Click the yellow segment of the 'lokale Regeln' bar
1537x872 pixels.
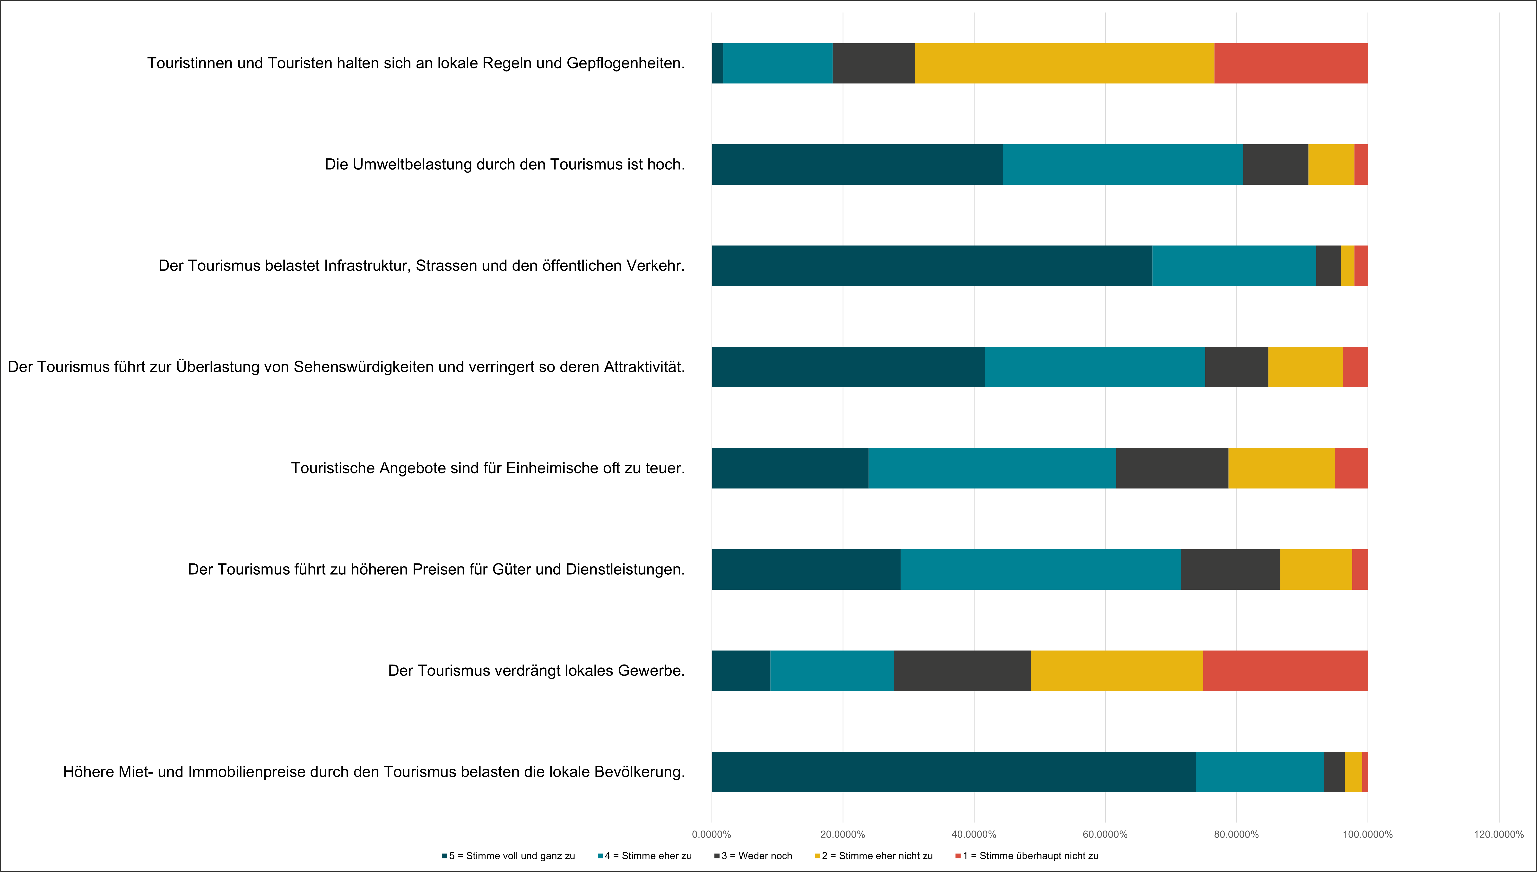tap(1064, 63)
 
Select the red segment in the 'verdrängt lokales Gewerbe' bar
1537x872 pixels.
tap(1285, 671)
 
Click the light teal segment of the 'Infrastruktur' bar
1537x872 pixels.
tap(1234, 266)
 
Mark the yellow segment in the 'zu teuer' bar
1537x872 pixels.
tap(1282, 468)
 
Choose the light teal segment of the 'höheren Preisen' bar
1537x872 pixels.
tap(1041, 570)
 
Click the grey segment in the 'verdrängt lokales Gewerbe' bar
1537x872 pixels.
tap(962, 671)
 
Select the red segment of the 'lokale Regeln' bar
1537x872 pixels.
tap(1291, 63)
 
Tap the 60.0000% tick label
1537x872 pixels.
tap(1105, 834)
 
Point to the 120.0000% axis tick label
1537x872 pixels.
tap(1499, 834)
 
